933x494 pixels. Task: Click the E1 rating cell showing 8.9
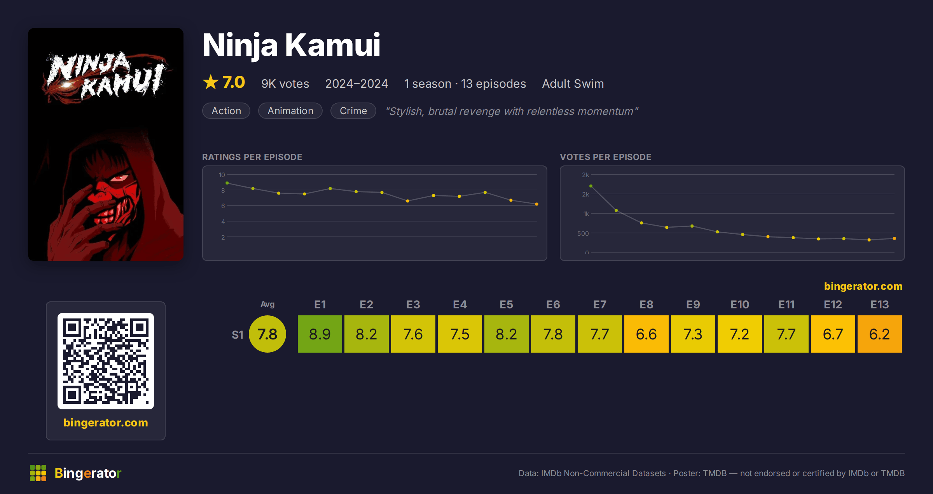click(x=320, y=334)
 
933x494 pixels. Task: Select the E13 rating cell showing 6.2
click(x=879, y=334)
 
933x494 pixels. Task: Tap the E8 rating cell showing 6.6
click(x=646, y=334)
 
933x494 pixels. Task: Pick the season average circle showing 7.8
click(x=267, y=334)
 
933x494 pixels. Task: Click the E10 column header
click(x=739, y=304)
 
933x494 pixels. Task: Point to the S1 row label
click(x=238, y=335)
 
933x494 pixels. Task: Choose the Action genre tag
click(x=226, y=111)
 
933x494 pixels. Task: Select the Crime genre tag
click(x=353, y=111)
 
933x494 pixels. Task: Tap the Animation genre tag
click(x=290, y=111)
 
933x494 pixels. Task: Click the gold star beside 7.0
click(x=211, y=82)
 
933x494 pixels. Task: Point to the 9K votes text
click(x=285, y=83)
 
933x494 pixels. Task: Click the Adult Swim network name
click(x=573, y=83)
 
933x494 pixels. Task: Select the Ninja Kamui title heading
click(x=292, y=46)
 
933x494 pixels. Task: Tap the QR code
click(x=106, y=361)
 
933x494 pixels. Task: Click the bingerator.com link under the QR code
click(x=106, y=423)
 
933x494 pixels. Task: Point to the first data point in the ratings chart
click(x=227, y=183)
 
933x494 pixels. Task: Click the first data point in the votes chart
click(x=591, y=186)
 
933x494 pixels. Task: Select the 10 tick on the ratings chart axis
click(x=222, y=175)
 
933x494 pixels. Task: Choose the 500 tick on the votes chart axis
click(x=583, y=233)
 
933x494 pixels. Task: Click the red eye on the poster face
click(x=118, y=178)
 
